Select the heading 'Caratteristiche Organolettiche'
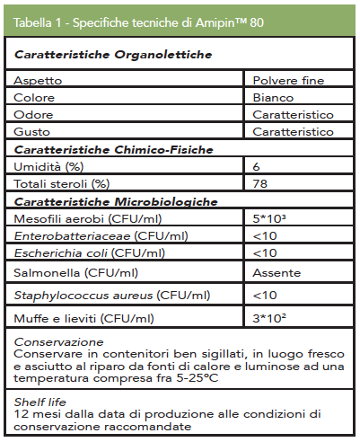(113, 56)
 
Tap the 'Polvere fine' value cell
(287, 81)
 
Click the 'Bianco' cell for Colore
(274, 98)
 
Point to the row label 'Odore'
(32, 115)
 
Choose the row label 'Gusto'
(32, 132)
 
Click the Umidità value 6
(257, 167)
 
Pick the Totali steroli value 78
(260, 184)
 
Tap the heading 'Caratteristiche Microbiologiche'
(116, 201)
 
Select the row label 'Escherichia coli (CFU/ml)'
(90, 252)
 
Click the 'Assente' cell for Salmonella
(277, 272)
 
